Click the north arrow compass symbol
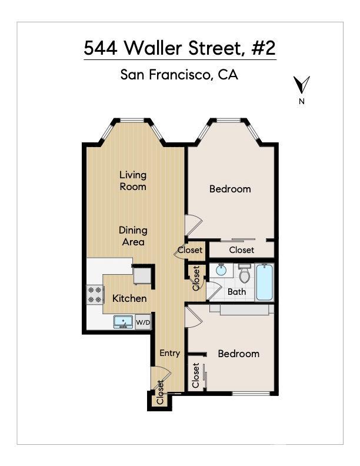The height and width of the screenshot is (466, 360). [302, 85]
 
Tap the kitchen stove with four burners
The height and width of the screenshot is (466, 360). [95, 294]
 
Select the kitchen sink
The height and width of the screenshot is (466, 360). [124, 321]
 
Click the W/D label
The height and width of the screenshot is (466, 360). [143, 322]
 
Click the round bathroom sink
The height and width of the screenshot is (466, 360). [221, 270]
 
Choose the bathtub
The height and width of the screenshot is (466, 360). [265, 282]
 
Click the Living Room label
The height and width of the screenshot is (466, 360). [133, 181]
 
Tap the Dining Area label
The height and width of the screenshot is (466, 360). [133, 236]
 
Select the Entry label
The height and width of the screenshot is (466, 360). [169, 353]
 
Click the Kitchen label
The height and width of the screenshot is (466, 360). [129, 298]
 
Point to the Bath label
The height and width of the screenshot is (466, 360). [236, 291]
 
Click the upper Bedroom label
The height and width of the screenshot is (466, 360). [230, 189]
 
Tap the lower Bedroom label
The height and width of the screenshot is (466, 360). [238, 354]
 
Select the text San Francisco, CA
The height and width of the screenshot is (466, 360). [179, 75]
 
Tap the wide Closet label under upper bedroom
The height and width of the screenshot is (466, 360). [241, 250]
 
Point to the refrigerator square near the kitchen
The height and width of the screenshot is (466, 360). [142, 275]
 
